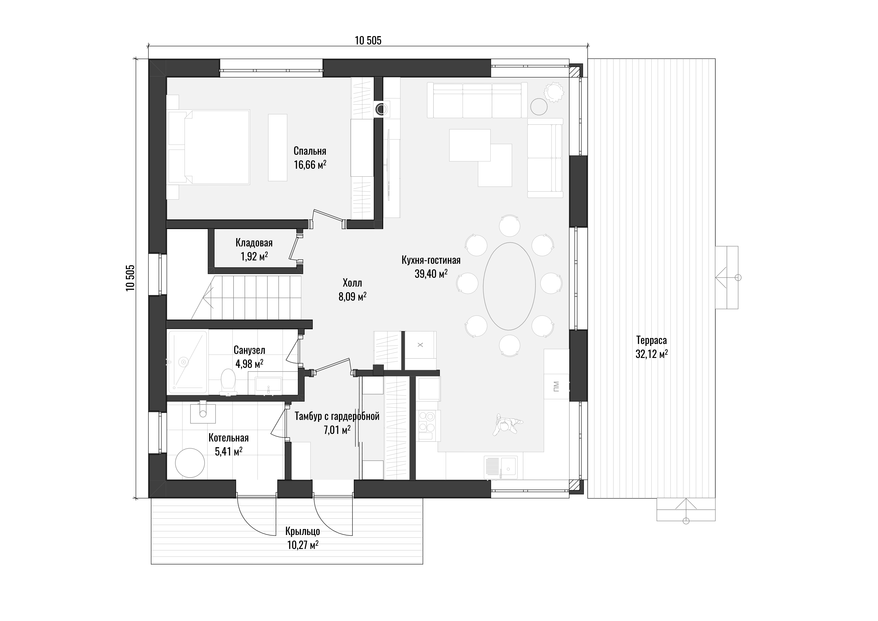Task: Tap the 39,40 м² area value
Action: pos(431,274)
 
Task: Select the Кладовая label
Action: pos(254,243)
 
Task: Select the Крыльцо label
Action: pos(302,532)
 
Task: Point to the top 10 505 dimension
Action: pos(368,41)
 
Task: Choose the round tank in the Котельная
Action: pos(190,463)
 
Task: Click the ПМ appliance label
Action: pos(556,386)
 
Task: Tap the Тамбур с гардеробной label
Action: pos(337,416)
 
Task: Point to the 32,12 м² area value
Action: pos(652,354)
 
